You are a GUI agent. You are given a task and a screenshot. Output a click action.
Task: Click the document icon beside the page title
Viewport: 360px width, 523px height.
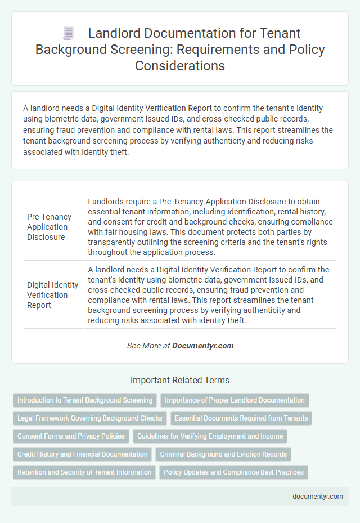point(69,34)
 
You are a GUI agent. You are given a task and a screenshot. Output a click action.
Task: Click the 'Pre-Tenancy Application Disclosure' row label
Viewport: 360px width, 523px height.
point(49,227)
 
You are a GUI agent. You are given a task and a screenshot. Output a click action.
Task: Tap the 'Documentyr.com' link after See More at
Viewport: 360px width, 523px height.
point(203,346)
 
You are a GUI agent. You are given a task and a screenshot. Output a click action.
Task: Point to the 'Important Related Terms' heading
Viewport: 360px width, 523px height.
point(180,380)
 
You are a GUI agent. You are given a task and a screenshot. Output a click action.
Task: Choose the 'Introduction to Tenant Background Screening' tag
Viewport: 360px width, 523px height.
point(85,400)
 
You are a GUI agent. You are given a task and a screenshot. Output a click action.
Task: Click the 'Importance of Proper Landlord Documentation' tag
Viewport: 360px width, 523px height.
point(235,400)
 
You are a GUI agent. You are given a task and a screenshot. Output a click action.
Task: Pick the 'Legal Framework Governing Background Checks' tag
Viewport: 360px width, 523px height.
point(90,418)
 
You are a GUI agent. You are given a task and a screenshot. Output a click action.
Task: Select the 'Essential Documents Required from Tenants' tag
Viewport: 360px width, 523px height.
point(241,418)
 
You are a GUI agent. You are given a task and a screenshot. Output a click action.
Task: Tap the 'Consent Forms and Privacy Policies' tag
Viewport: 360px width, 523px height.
point(71,436)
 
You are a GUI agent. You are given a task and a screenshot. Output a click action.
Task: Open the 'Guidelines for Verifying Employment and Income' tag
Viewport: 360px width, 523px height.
point(210,436)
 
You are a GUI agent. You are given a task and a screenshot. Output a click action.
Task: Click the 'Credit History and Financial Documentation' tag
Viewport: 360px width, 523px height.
point(82,454)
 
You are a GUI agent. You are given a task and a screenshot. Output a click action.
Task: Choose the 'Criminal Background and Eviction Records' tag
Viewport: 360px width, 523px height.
point(223,454)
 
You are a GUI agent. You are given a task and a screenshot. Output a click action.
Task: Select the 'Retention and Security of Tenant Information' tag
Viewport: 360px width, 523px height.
point(84,472)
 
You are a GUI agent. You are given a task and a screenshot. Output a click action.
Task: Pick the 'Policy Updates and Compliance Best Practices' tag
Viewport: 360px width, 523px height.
point(233,472)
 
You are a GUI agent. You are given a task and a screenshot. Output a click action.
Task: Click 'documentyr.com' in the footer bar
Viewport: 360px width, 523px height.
point(317,496)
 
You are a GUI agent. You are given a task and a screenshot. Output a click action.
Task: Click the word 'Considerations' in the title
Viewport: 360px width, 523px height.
point(180,65)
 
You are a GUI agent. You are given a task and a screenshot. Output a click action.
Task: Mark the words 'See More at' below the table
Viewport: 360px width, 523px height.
point(148,346)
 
